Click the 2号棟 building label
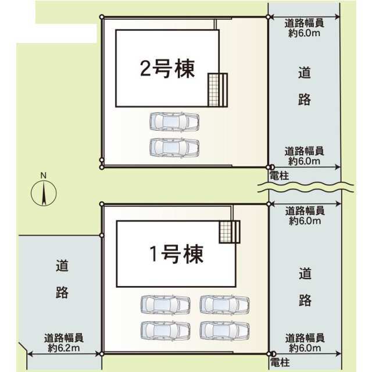(x=167, y=69)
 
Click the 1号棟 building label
(x=177, y=254)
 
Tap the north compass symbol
(x=44, y=192)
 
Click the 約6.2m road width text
(x=64, y=348)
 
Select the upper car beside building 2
(x=174, y=121)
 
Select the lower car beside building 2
(x=174, y=147)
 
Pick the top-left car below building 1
(x=165, y=305)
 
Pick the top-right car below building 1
(x=224, y=305)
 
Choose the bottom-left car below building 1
(x=165, y=331)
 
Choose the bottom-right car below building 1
(x=224, y=331)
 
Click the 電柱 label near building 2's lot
(x=279, y=176)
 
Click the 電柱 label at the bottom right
(x=280, y=363)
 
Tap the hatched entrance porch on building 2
(x=218, y=90)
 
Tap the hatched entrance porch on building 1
(x=230, y=232)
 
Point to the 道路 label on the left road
(x=62, y=279)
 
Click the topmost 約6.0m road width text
(x=305, y=33)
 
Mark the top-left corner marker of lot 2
(x=102, y=17)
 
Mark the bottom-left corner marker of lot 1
(x=102, y=354)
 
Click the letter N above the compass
(x=44, y=176)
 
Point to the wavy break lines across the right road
(x=306, y=187)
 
